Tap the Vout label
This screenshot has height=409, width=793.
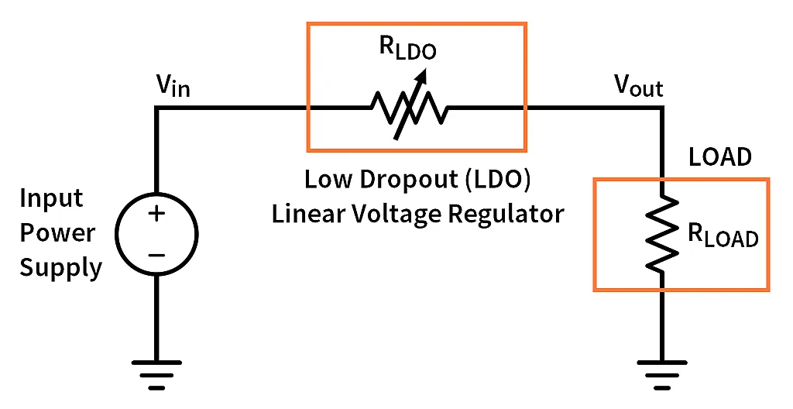638,86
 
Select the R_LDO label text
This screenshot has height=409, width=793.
407,48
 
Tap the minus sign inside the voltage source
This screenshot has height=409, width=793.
156,253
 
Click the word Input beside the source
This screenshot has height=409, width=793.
51,198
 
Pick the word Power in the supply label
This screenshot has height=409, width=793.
57,233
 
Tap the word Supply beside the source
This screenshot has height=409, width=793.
60,268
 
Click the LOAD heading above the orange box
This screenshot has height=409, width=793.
720,157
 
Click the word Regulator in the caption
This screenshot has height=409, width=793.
508,212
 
